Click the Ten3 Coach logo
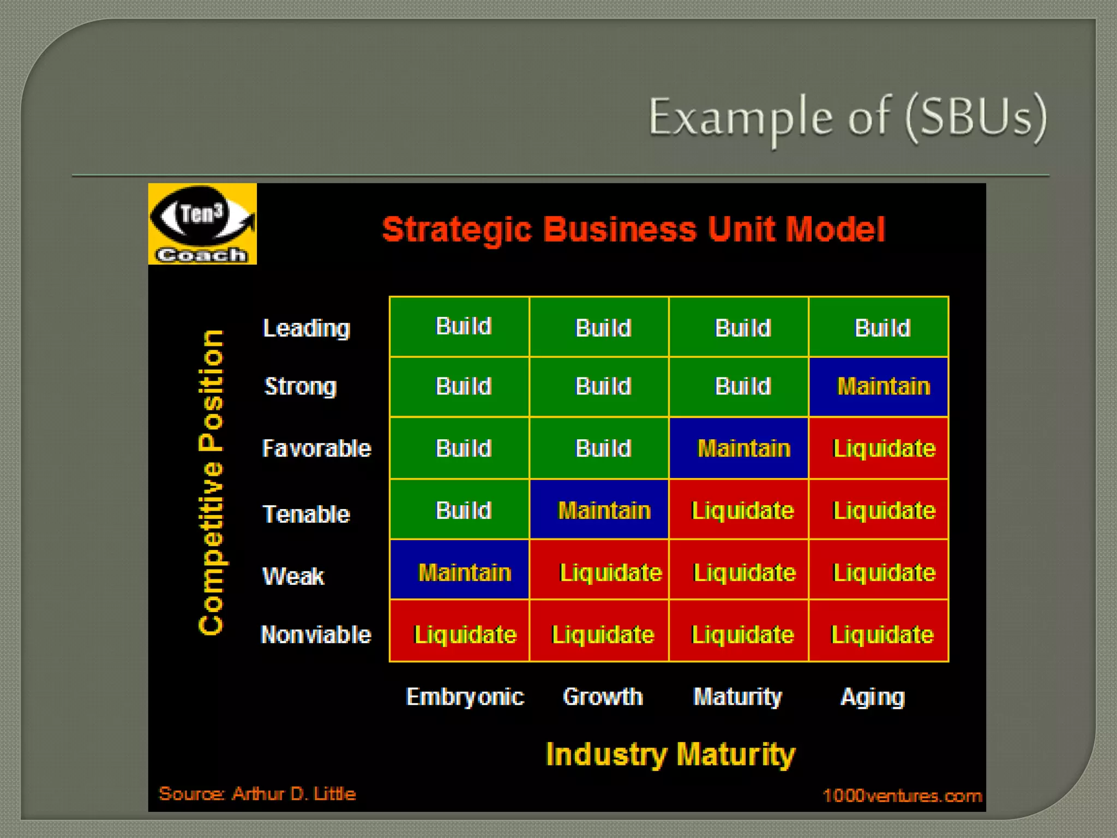(x=202, y=224)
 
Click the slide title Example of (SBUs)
(x=847, y=118)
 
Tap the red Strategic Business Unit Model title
(x=633, y=229)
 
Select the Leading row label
(x=306, y=328)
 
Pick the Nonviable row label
(x=316, y=635)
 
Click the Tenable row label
(x=306, y=514)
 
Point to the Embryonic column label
(x=465, y=697)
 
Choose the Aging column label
(x=873, y=697)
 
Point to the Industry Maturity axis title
(x=670, y=755)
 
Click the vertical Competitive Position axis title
(x=212, y=482)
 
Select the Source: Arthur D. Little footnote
(x=257, y=794)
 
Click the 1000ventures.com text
(x=902, y=796)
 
